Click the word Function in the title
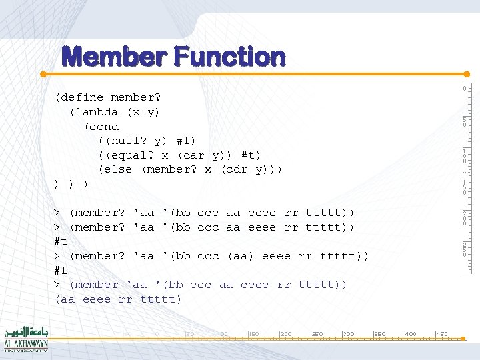click(231, 57)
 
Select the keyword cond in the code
click(104, 127)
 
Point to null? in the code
click(125, 141)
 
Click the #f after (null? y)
click(186, 141)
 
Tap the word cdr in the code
click(237, 169)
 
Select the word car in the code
click(194, 155)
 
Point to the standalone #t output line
click(61, 242)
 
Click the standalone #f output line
click(61, 271)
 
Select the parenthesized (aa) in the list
click(241, 256)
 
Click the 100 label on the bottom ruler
click(223, 333)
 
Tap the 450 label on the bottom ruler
click(441, 333)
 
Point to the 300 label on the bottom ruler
click(348, 333)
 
